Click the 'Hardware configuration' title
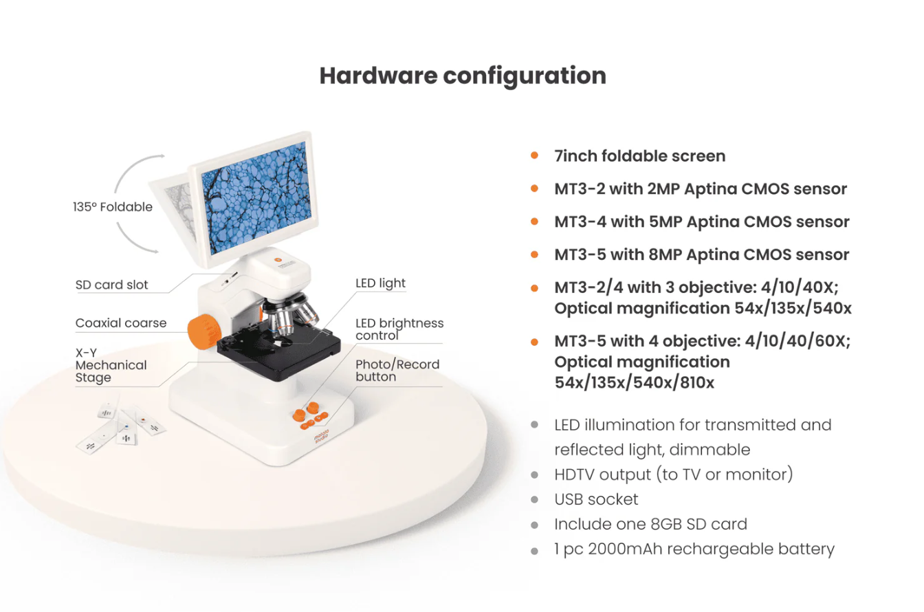tap(463, 76)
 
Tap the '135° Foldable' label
tap(113, 207)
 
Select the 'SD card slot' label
tap(111, 285)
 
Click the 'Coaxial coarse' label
tap(121, 323)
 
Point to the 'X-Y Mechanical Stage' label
tap(111, 365)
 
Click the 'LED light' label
tap(380, 283)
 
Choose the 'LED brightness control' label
tap(399, 329)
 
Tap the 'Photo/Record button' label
tap(397, 370)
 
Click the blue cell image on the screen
tap(256, 198)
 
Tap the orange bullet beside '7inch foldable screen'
tap(534, 155)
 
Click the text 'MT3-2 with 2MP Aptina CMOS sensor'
tap(701, 189)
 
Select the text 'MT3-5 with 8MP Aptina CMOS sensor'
tap(702, 254)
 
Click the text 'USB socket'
tap(596, 499)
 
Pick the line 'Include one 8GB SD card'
tap(650, 524)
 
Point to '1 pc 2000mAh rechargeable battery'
tap(694, 549)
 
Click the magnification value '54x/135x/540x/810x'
tap(634, 383)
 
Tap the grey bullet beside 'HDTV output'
tap(535, 475)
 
